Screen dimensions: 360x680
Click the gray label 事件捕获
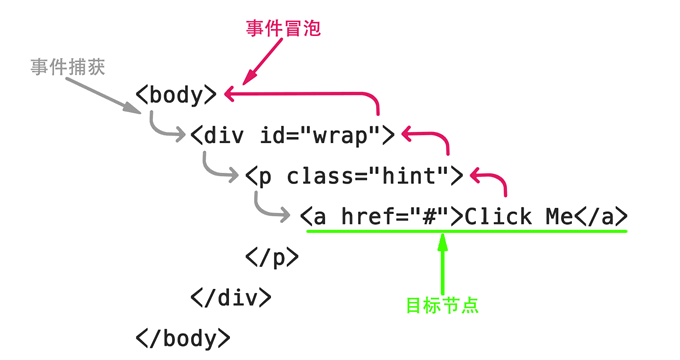[x=67, y=67]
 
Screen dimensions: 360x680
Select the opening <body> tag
[x=176, y=96]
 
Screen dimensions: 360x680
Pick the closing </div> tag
[x=230, y=296]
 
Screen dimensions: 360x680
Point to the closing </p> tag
[x=271, y=256]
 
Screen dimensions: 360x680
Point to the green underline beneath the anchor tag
[x=466, y=232]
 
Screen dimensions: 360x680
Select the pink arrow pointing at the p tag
[x=495, y=178]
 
